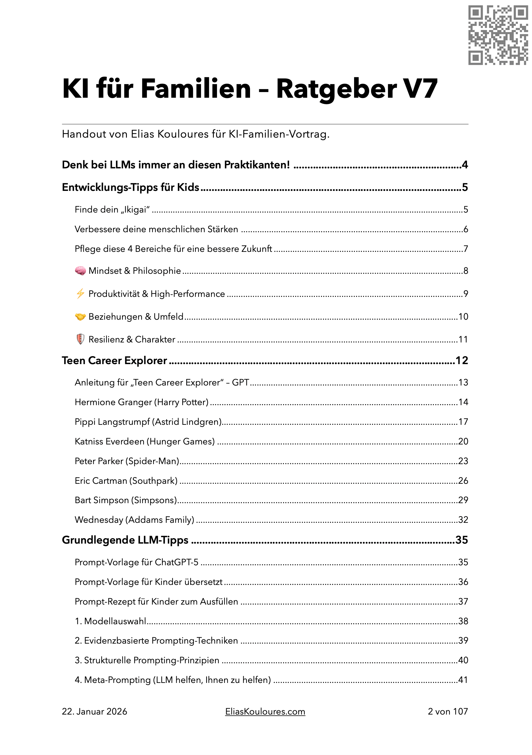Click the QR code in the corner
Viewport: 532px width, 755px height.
(498, 35)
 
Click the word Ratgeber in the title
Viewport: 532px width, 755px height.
(336, 89)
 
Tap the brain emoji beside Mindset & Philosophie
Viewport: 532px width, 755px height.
(80, 271)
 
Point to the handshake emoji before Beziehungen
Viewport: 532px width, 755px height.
(80, 317)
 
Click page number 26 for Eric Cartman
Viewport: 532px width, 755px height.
(463, 481)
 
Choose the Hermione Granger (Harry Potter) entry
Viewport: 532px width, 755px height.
(141, 402)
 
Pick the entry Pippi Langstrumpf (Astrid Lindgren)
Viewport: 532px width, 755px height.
(148, 422)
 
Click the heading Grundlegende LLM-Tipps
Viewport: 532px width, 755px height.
(125, 540)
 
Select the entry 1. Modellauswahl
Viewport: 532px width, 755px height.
(110, 621)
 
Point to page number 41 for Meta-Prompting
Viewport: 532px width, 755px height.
(463, 680)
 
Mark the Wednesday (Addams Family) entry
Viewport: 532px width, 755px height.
(134, 520)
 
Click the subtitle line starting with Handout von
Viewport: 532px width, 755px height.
(195, 134)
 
